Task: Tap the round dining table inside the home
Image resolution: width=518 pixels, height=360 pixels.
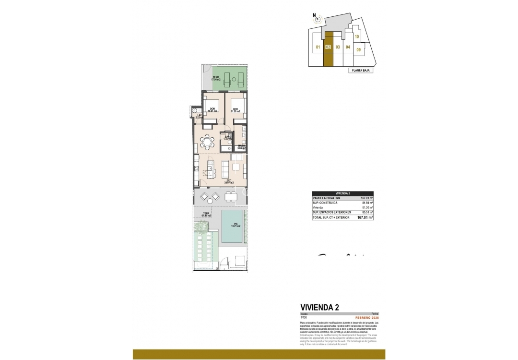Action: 207,141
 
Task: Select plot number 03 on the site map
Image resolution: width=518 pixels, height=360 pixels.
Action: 338,47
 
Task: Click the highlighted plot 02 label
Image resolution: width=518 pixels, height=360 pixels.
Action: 328,47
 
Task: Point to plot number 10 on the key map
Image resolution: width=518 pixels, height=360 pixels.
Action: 357,36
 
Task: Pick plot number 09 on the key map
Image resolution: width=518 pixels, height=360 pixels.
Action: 358,49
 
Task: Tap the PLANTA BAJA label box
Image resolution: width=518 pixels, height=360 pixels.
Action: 360,70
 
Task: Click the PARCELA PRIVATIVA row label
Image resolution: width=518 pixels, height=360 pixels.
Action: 327,198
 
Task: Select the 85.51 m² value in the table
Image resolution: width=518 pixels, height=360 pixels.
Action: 367,212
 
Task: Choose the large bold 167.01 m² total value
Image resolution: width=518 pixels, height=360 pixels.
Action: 365,217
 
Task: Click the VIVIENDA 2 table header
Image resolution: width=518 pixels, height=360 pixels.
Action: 342,193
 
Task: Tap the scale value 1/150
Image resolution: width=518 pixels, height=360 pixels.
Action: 303,318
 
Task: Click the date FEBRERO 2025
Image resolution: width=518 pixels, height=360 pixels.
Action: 367,318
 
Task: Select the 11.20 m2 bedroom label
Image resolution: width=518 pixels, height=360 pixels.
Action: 235,110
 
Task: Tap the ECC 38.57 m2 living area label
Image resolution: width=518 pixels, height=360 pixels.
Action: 229,182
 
